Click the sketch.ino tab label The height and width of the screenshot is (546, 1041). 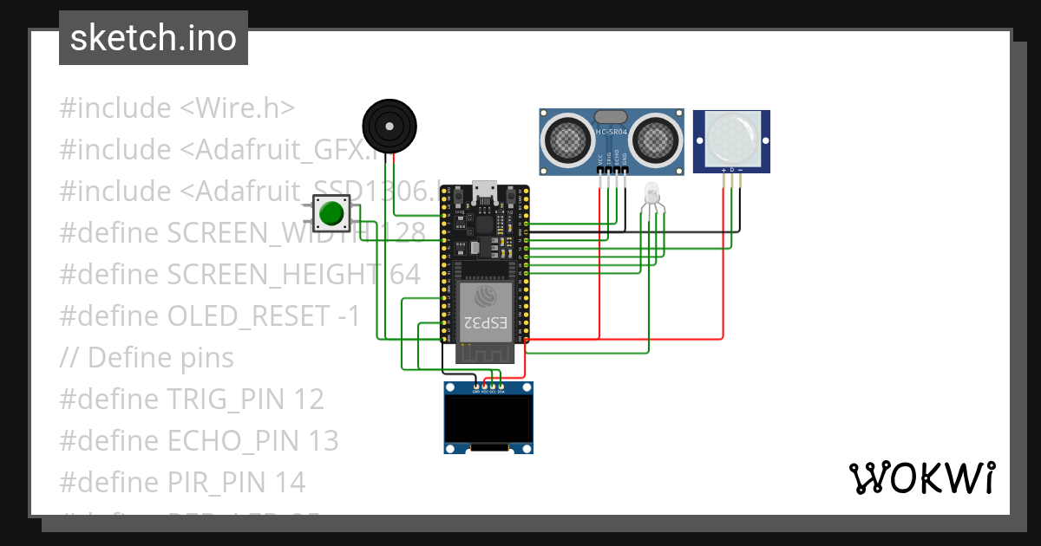[x=153, y=38]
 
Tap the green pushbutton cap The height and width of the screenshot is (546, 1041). [x=331, y=213]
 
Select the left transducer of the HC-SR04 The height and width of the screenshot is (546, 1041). [x=568, y=138]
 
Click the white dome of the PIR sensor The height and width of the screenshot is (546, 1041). [x=731, y=137]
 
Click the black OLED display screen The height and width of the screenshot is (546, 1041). [x=488, y=419]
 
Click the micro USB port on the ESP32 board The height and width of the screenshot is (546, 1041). [x=481, y=190]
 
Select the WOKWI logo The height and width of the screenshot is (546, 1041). [x=921, y=478]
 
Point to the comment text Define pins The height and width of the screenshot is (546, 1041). [x=160, y=358]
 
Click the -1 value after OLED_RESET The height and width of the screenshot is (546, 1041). [x=347, y=316]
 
